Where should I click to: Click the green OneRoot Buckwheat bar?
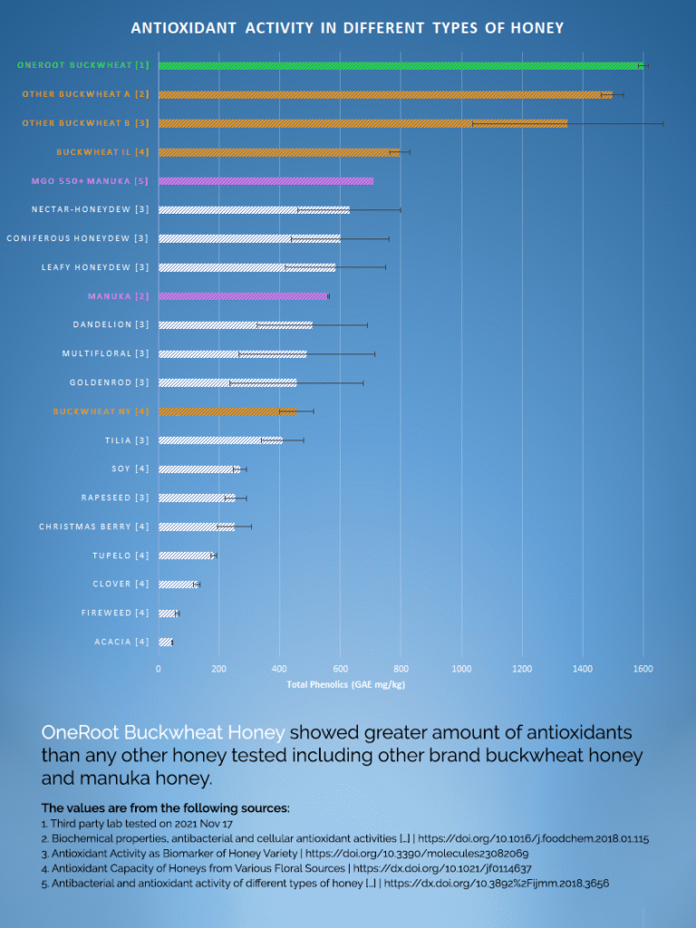(x=399, y=65)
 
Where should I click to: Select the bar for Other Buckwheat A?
(x=385, y=94)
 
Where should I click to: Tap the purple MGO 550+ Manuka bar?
(x=266, y=181)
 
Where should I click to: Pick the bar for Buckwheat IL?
(x=279, y=152)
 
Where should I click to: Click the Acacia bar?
(x=165, y=643)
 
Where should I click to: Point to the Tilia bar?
(x=220, y=440)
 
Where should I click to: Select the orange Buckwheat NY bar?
(x=227, y=411)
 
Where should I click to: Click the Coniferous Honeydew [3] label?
(x=78, y=238)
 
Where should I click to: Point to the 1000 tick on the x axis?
(x=461, y=669)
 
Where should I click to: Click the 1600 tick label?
(x=643, y=669)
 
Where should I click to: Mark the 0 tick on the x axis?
(x=159, y=669)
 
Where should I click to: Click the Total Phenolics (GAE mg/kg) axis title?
(x=346, y=685)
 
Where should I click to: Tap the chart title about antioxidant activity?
(x=347, y=28)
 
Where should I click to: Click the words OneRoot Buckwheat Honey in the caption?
(x=163, y=732)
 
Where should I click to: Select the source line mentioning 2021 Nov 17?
(x=137, y=824)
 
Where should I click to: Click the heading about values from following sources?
(x=165, y=807)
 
